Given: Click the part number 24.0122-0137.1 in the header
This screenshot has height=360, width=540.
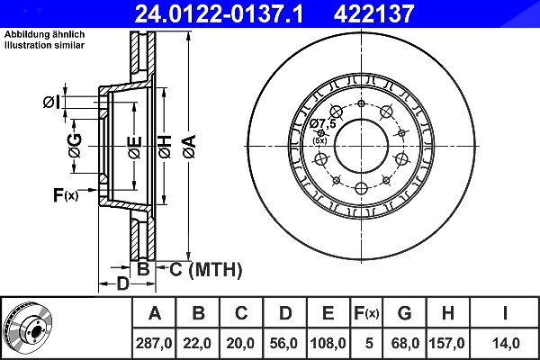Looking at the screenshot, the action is pos(219,13).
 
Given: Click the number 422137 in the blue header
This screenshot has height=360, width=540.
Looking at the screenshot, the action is pos(374,13).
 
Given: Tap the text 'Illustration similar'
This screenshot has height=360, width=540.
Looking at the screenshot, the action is pos(44,45).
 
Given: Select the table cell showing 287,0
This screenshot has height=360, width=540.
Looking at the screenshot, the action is pos(154,343).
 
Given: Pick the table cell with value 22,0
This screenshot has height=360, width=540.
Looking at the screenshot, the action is pos(197,343).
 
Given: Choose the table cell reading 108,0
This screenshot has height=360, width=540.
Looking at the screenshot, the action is pos(328,343).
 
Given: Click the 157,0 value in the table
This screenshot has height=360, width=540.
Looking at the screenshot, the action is pos(447,343).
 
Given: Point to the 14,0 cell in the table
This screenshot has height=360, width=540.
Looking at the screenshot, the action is pos(505,343).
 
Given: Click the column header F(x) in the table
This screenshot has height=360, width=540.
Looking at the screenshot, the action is pos(366,313).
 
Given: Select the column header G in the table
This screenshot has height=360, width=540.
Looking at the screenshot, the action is pos(405,313).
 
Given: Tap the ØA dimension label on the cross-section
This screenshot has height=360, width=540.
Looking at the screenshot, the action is pos(190,147).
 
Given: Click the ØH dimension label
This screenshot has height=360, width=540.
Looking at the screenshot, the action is pos(166,147).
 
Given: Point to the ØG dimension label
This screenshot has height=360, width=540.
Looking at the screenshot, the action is pos(75,146).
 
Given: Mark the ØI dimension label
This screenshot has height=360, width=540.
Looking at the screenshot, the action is pos(51,103).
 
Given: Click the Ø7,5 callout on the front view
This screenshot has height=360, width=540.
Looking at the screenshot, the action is pos(322,123).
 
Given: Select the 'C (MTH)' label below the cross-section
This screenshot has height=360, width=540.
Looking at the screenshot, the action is pos(206,269).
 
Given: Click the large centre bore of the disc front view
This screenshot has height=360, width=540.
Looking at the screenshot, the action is pos(361,147).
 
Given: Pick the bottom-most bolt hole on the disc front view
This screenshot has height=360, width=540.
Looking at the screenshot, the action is pos(361,188).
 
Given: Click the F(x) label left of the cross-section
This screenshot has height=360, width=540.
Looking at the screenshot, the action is pos(66,195).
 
